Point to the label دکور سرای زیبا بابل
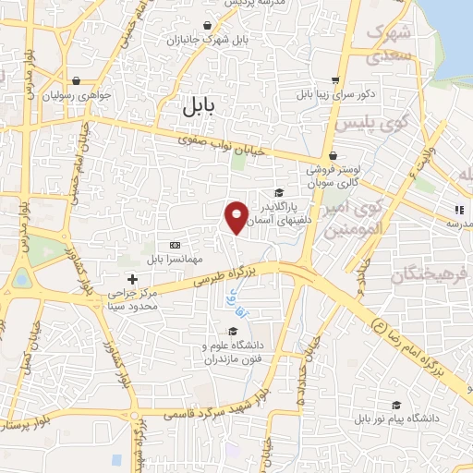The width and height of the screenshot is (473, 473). (334, 95)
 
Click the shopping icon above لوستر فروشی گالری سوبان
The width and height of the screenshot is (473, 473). (332, 155)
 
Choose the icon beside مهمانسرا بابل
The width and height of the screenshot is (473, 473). (175, 244)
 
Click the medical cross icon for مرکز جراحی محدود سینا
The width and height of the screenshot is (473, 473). (132, 278)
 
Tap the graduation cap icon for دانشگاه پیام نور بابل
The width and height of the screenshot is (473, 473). (396, 405)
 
